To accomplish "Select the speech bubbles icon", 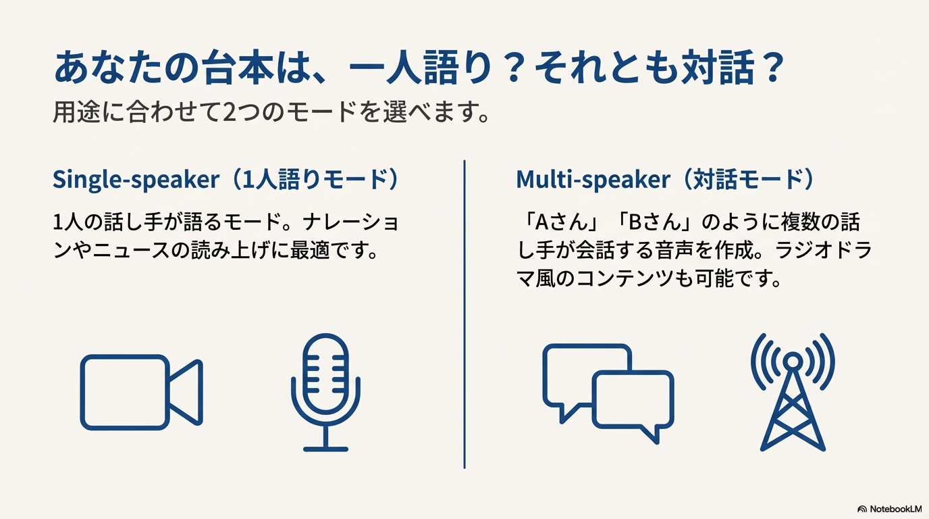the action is pos(608,393).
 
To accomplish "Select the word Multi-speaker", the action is pos(593,180).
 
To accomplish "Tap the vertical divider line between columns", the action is pos(464,314).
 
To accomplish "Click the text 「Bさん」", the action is pos(654,222).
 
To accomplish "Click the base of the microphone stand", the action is pos(325,449).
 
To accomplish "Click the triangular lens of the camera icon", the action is pos(186,393).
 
